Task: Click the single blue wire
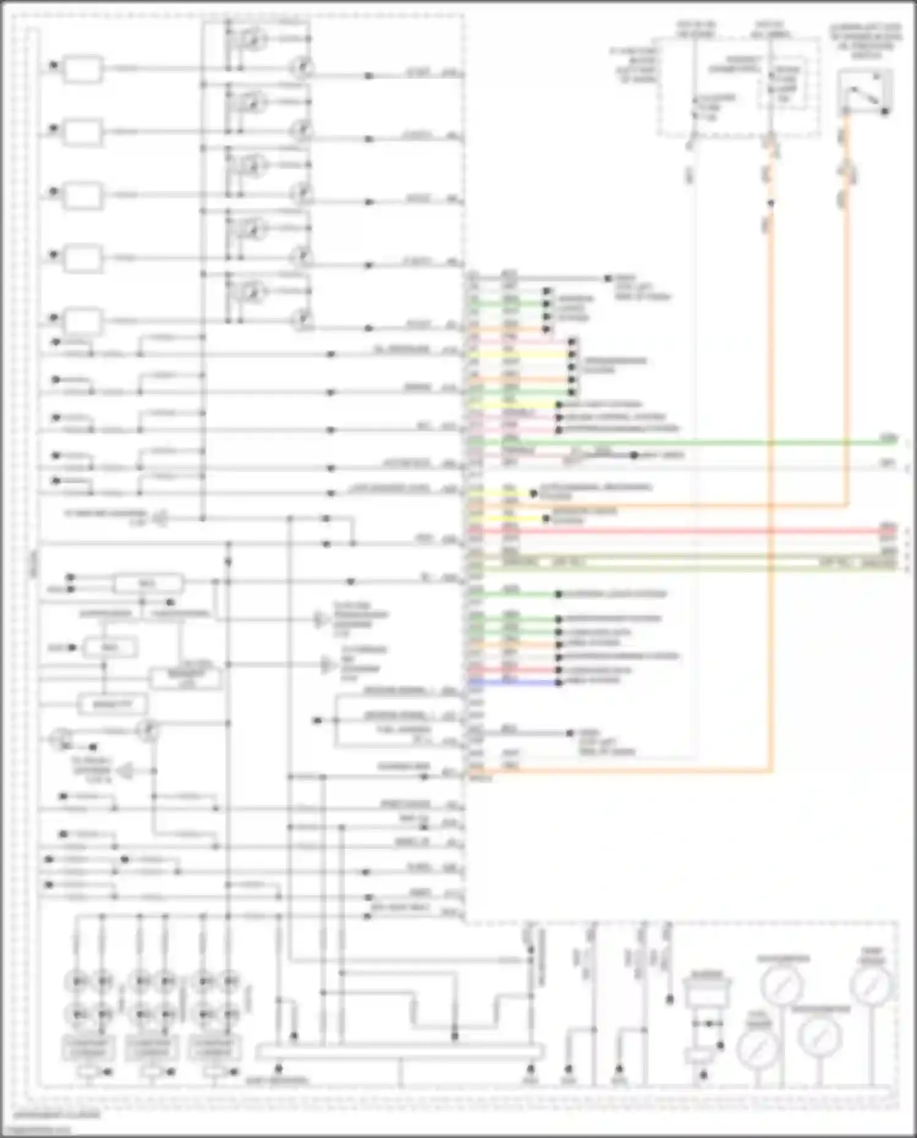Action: [514, 682]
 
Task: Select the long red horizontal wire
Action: [672, 531]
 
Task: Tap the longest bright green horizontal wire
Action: [672, 442]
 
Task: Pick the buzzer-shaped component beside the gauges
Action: [707, 990]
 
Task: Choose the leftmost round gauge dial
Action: [758, 1048]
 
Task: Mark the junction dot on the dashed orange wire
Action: [771, 203]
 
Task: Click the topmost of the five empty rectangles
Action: [83, 69]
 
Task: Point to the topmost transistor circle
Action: [254, 40]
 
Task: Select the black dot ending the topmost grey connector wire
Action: [608, 278]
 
